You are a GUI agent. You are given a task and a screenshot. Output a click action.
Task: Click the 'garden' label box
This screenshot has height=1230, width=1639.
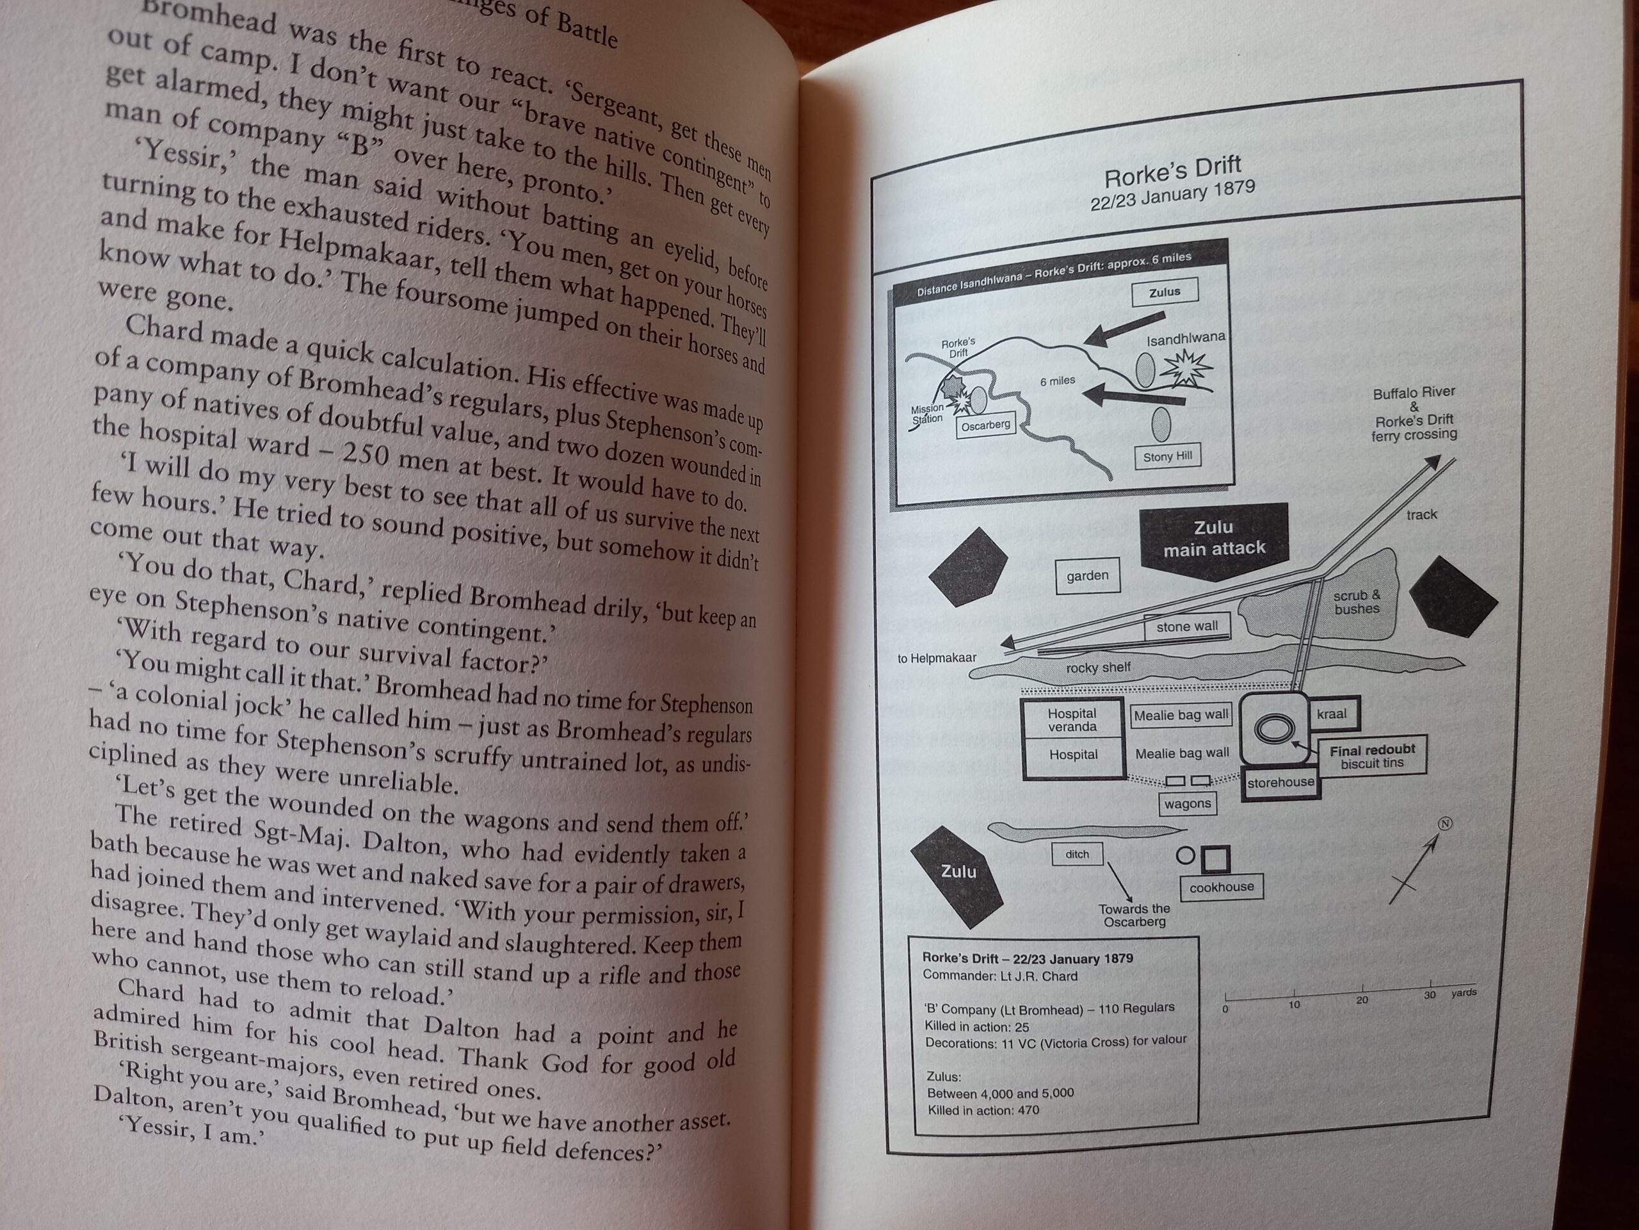click(1087, 576)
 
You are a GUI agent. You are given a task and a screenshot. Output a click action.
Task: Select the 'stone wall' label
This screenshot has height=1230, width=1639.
click(1187, 627)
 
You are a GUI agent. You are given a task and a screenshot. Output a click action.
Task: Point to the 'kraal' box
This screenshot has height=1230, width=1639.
click(1332, 715)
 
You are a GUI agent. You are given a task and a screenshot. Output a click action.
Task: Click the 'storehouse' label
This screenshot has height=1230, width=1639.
click(1280, 783)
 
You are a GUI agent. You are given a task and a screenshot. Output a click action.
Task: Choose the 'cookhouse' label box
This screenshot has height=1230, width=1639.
click(1221, 887)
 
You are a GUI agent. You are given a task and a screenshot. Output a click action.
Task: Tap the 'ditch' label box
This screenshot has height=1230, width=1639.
click(1077, 854)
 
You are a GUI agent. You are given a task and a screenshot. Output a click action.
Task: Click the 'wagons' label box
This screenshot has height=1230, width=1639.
click(1187, 804)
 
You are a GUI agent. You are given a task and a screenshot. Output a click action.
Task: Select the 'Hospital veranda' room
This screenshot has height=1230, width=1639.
click(1072, 720)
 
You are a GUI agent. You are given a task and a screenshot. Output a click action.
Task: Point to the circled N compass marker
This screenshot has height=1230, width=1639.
click(1444, 824)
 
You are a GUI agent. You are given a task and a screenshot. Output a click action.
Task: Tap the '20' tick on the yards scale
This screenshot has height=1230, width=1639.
click(1362, 998)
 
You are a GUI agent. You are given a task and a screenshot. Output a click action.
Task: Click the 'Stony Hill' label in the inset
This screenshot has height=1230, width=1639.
click(1167, 457)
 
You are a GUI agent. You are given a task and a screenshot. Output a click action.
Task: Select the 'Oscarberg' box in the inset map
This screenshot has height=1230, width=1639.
click(985, 425)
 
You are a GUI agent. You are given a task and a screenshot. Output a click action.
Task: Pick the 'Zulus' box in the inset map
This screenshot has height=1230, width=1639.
click(1164, 292)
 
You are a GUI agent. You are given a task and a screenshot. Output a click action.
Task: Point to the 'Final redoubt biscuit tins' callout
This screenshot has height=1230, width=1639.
click(1371, 756)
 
